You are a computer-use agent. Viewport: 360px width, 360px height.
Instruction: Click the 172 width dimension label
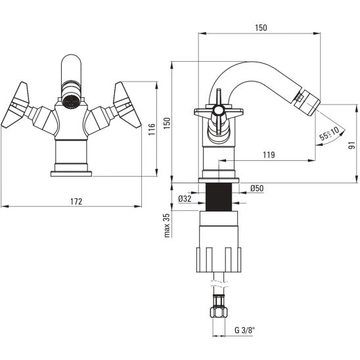[76, 202]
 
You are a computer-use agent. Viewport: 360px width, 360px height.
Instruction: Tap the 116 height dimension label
[152, 129]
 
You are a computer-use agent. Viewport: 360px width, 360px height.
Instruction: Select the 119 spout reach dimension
[269, 155]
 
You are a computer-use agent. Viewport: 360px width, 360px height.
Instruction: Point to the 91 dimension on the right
[351, 146]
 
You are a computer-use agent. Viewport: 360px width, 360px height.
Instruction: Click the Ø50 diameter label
[257, 189]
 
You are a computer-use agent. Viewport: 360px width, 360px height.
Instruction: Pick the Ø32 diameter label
[185, 198]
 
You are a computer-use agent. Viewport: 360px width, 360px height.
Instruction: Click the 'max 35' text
[167, 225]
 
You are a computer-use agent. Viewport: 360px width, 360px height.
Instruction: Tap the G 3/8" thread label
[245, 330]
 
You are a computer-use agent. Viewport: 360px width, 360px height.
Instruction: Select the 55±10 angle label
[330, 133]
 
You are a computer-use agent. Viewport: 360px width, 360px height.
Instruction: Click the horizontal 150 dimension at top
[261, 28]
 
